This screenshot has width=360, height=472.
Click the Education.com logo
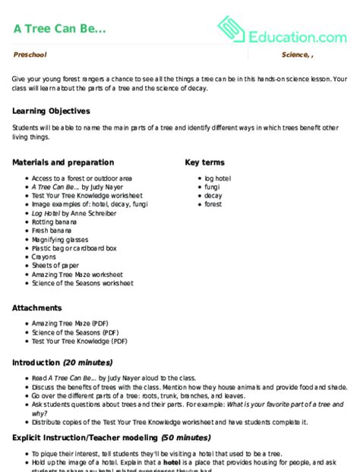282,32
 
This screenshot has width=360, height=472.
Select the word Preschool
30,55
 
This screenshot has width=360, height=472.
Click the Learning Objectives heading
51,111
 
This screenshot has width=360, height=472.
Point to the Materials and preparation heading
63,162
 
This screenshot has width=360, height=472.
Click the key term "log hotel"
219,178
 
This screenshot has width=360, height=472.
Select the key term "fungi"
213,187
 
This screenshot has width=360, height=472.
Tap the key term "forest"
214,204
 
